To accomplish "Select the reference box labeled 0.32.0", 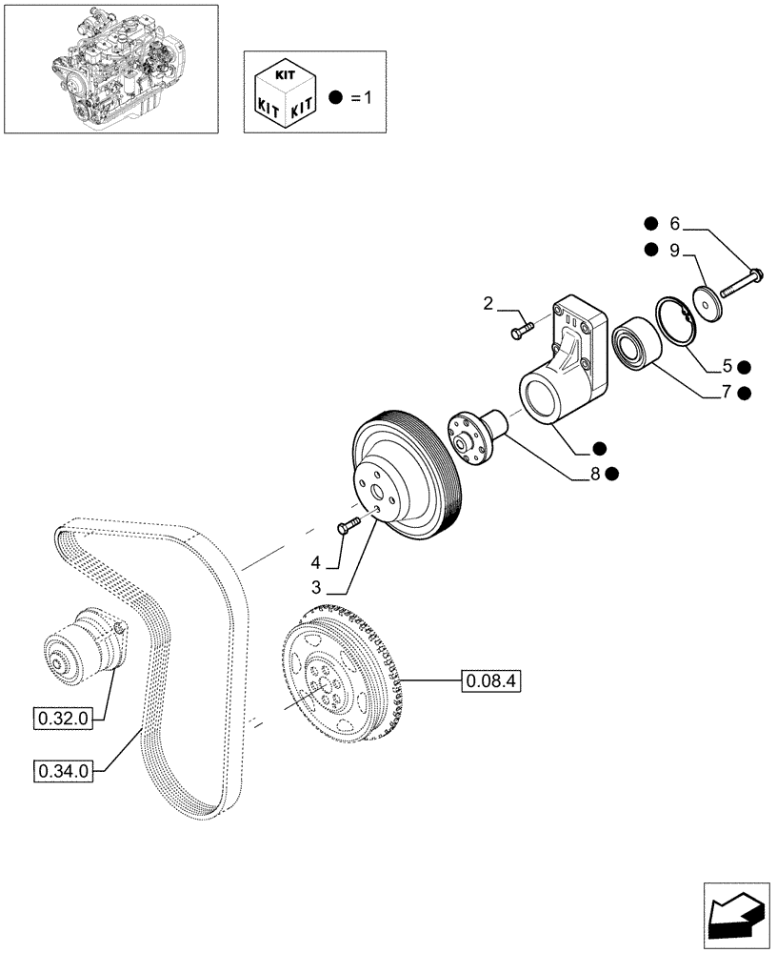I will coord(63,720).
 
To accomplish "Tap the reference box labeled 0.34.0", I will coord(63,770).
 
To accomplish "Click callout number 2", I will coord(488,305).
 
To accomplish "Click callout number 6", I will coord(675,226).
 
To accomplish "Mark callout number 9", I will coord(675,251).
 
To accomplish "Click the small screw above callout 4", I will coord(348,523).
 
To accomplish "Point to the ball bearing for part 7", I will coord(630,343).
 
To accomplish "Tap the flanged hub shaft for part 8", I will coord(475,434).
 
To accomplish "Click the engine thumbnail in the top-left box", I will coord(110,69).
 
